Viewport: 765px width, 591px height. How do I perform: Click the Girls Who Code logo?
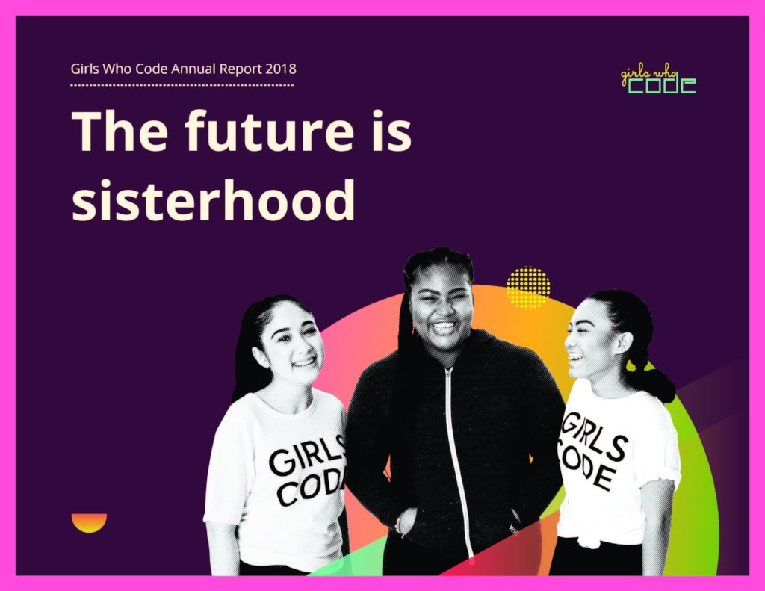point(658,81)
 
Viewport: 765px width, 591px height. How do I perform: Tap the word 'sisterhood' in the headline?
point(214,200)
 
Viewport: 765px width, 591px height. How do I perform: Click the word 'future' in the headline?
point(268,130)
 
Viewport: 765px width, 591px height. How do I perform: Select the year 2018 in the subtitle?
point(281,68)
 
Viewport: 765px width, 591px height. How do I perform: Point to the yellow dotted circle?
point(528,288)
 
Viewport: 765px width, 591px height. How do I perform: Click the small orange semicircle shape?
point(89,522)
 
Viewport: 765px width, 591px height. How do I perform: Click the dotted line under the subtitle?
point(182,85)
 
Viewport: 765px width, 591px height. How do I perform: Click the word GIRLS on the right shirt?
point(594,437)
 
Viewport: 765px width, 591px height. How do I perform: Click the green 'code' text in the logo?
point(662,85)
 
